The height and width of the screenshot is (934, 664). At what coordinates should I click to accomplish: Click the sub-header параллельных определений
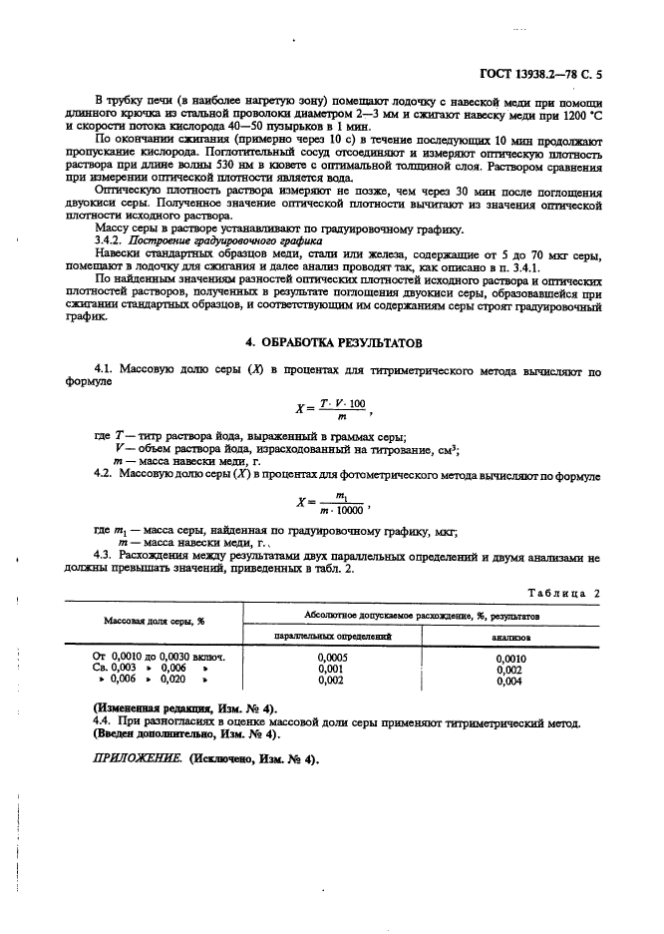332,634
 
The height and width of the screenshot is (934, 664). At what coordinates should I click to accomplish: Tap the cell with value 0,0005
332,659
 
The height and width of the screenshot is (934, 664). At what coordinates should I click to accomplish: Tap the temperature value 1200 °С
583,116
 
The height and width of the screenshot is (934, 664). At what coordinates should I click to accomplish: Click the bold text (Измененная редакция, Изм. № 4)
184,707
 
